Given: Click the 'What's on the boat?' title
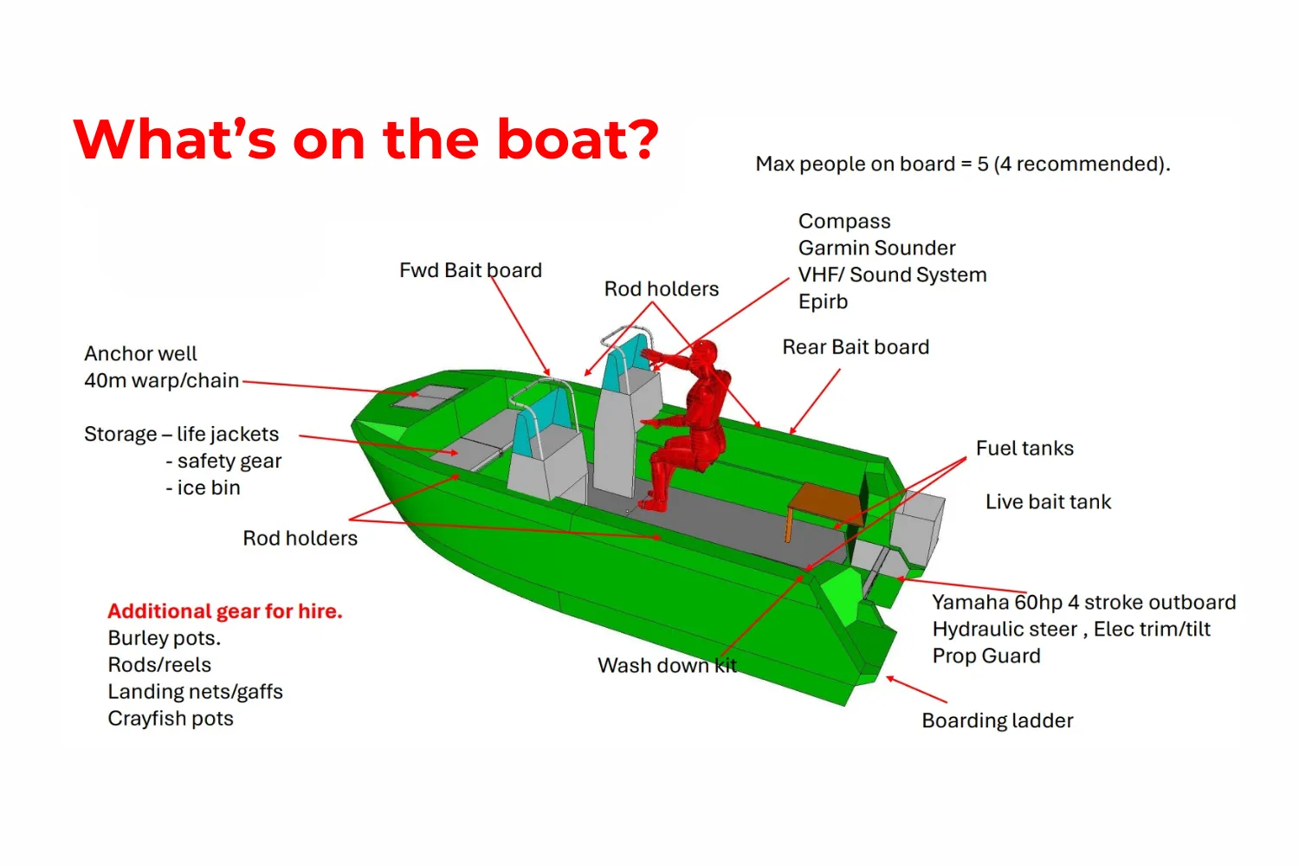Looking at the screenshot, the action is (x=366, y=139).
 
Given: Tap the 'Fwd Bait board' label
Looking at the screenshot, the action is (x=470, y=270).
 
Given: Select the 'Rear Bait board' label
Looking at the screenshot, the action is (x=856, y=347).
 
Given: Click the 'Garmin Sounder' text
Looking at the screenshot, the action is (x=876, y=249).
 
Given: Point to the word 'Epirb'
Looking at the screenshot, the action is (x=823, y=301).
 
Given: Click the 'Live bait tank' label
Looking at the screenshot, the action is (x=1049, y=501).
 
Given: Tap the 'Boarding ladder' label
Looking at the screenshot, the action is (x=998, y=721).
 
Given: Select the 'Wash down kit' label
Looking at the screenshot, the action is (x=667, y=665).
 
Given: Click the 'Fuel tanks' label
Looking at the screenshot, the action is (x=1024, y=449).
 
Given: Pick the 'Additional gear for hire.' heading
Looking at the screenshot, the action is (x=225, y=611).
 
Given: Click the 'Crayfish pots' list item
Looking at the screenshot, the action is (x=171, y=719).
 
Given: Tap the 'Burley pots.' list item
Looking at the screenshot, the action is (x=165, y=638).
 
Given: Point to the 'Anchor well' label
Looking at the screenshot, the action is (x=140, y=354).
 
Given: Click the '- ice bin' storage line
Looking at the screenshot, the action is (x=203, y=488).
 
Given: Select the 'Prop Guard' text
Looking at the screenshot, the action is (x=986, y=656).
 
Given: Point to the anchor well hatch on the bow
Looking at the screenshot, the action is (x=428, y=397).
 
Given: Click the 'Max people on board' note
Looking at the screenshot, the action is (x=963, y=165).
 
